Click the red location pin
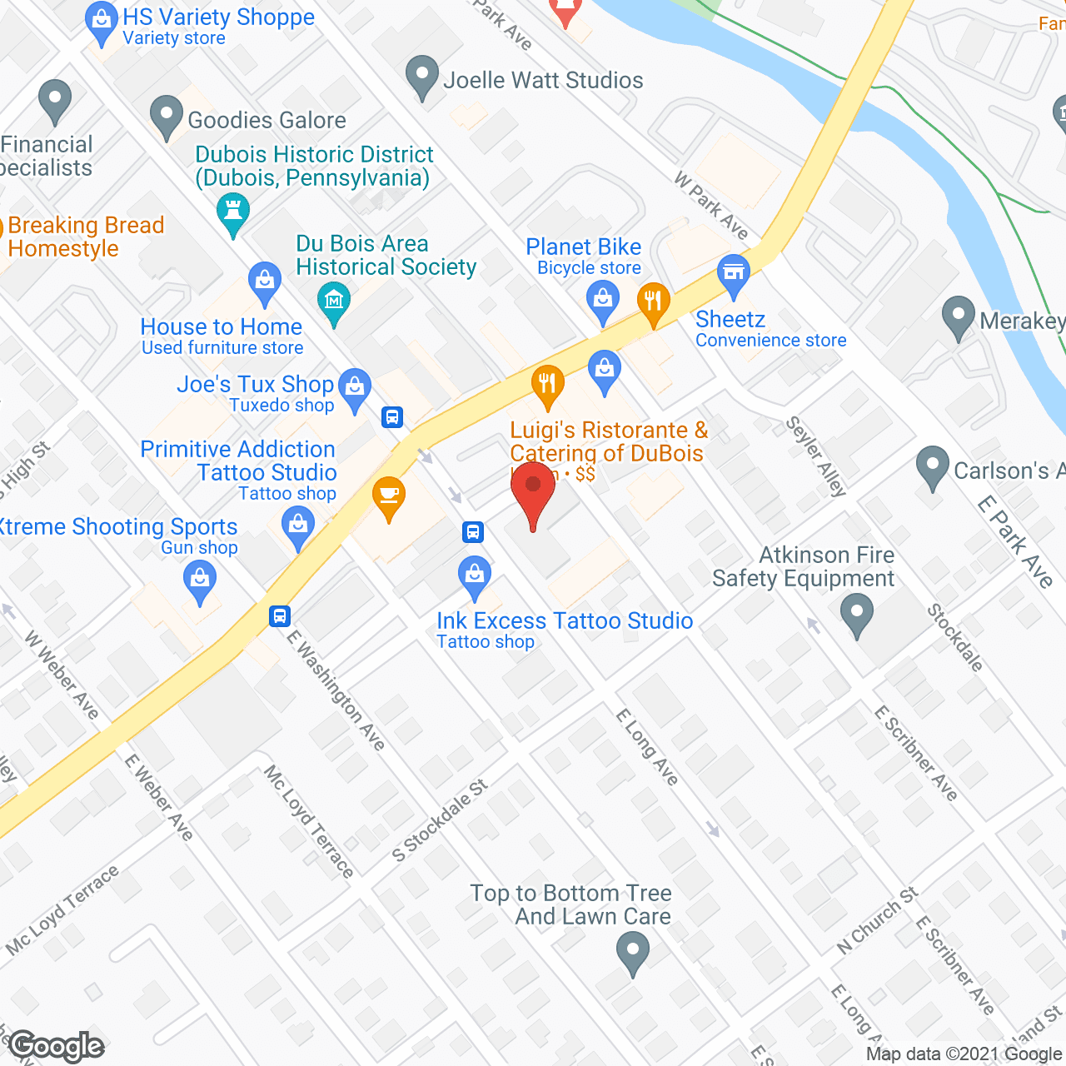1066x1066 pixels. coord(533,487)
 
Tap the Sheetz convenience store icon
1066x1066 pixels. coord(734,274)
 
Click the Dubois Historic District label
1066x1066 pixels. coord(314,166)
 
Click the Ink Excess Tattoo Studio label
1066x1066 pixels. coord(565,621)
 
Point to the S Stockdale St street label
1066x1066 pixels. coord(440,821)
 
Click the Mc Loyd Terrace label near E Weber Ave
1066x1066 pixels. coord(309,821)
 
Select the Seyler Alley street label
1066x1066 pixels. coord(816,456)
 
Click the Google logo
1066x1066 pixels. coord(57,1046)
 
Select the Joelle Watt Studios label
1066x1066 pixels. coord(543,81)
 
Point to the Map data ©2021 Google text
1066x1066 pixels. coord(964,1054)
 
